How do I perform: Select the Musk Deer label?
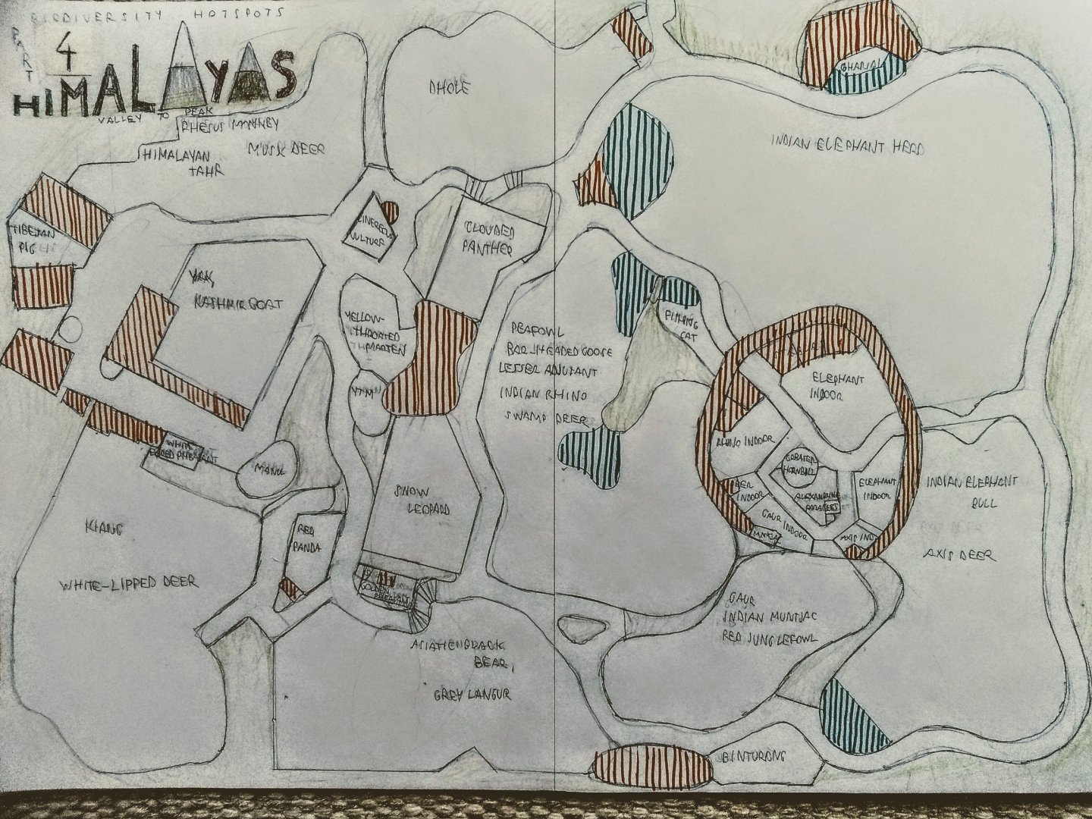287,149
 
